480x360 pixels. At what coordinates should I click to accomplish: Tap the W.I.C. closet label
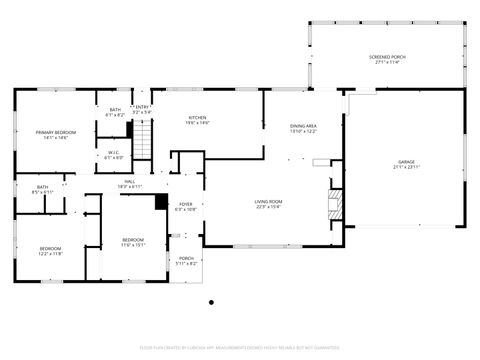point(114,154)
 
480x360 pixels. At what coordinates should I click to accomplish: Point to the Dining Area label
point(303,128)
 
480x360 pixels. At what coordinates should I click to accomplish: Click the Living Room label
point(268,204)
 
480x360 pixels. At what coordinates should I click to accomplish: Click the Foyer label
point(186,206)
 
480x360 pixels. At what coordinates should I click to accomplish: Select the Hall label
point(130,184)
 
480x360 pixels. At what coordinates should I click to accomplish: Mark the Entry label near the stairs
point(143,111)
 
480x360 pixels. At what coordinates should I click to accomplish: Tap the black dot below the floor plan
point(211,301)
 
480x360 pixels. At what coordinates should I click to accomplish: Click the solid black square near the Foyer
point(161,201)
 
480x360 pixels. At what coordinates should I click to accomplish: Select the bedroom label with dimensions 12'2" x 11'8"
point(51,250)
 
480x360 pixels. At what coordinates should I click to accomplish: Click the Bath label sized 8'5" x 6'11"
point(42,189)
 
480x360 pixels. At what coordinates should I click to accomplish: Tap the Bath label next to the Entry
point(116,112)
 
